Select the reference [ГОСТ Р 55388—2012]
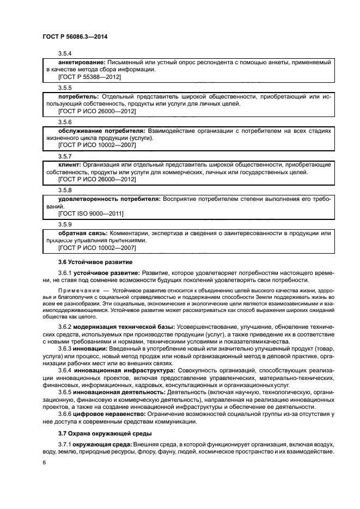point(89,77)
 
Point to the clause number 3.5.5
point(65,87)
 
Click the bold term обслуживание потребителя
point(101,131)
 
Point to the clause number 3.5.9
point(65,223)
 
